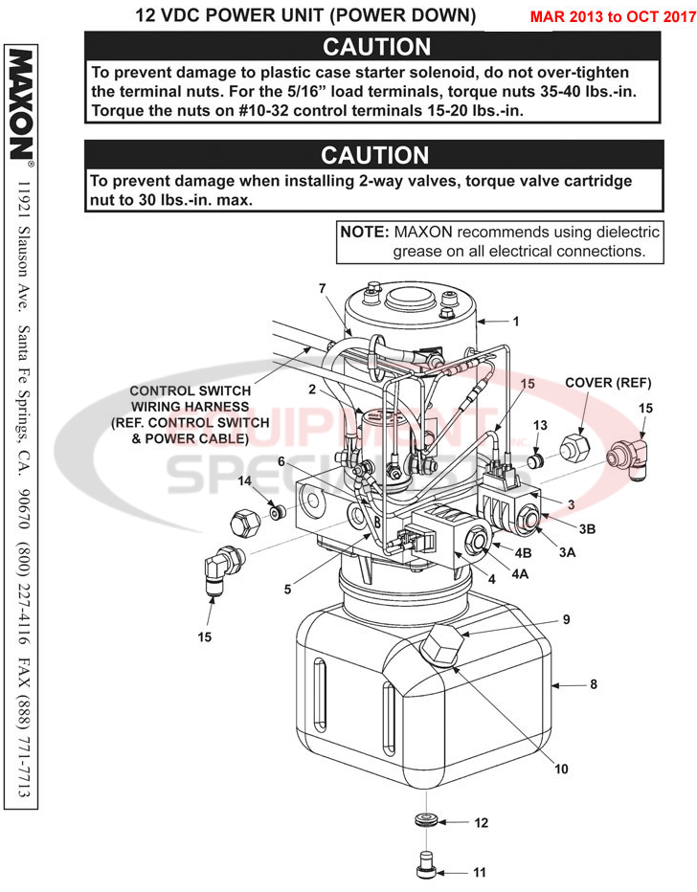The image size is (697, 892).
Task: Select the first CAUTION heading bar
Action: pos(376,46)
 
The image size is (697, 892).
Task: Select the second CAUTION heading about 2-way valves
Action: pos(374,155)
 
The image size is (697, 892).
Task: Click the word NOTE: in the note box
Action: pos(365,233)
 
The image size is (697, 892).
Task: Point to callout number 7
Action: pos(323,288)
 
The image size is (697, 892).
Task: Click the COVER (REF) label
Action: pos(608,383)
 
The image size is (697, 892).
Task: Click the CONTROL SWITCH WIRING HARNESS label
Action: pos(190,414)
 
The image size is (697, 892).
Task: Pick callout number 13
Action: pos(540,425)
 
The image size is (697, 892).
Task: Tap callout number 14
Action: pos(244,480)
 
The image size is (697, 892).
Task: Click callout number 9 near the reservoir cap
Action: pos(565,619)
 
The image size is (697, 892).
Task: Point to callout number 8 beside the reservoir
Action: pos(593,685)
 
